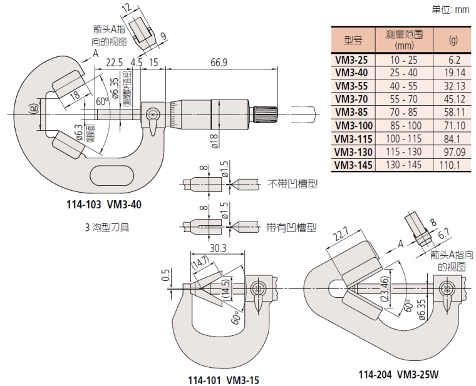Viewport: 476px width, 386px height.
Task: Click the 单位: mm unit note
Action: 450,9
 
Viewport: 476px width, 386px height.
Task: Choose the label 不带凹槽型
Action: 292,185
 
